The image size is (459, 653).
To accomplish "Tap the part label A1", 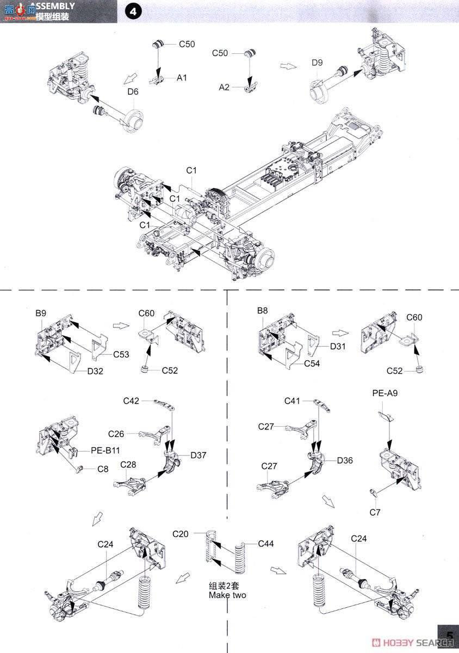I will click(x=182, y=78).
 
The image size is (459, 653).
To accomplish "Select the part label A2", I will click(x=225, y=87).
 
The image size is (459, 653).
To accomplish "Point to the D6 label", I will click(x=133, y=91).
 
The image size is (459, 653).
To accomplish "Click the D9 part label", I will click(x=317, y=63).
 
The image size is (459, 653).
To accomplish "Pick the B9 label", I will click(x=41, y=313).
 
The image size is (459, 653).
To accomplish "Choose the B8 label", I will click(x=262, y=310).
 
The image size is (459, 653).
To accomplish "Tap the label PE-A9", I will click(x=384, y=392).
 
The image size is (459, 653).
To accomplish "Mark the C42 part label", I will click(x=132, y=401).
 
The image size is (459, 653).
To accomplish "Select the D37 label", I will click(x=199, y=454).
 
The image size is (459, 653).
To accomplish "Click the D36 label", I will click(x=345, y=460).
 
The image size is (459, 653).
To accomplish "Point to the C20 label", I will click(x=181, y=534).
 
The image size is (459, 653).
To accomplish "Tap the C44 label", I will click(x=266, y=544).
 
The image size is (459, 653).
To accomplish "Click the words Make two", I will click(x=227, y=595).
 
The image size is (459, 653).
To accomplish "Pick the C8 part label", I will click(x=103, y=469).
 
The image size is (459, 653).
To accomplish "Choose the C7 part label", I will click(x=375, y=512).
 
